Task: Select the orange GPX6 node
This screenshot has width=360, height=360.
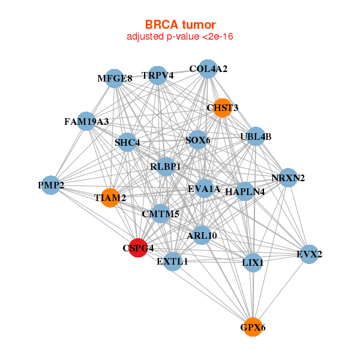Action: [x=253, y=327]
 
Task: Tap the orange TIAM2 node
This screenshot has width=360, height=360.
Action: [x=110, y=197]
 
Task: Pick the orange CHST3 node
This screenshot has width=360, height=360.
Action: [x=223, y=108]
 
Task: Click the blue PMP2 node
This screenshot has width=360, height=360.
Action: [x=51, y=185]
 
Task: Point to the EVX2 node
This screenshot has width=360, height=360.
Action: [x=310, y=254]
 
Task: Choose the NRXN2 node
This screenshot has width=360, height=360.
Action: [x=289, y=178]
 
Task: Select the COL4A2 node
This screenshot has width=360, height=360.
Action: [x=208, y=69]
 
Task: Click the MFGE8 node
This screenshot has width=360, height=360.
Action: [x=115, y=78]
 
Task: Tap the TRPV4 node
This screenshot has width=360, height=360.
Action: [x=158, y=76]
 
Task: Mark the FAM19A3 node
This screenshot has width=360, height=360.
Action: [x=86, y=121]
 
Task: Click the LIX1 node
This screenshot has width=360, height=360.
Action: [x=253, y=262]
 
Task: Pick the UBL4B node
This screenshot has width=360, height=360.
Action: [x=256, y=136]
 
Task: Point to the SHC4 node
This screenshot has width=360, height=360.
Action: [x=127, y=143]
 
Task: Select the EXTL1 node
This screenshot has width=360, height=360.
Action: [x=173, y=262]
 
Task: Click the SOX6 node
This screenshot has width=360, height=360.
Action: [x=198, y=140]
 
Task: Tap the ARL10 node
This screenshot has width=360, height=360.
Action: [x=202, y=235]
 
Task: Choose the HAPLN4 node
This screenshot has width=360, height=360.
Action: [x=245, y=192]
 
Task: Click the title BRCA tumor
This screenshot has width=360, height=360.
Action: [x=180, y=25]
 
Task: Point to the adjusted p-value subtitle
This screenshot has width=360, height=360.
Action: [x=180, y=37]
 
